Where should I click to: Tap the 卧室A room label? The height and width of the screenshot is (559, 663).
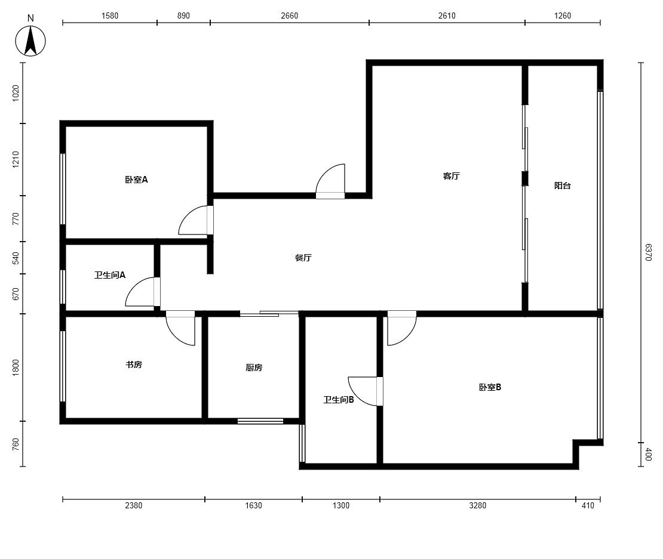click(x=136, y=180)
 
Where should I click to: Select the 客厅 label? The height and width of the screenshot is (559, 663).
click(x=451, y=175)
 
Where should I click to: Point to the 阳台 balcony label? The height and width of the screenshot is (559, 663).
click(x=563, y=186)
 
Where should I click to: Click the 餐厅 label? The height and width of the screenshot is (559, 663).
click(x=303, y=258)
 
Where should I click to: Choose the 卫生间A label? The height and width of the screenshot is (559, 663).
click(x=109, y=275)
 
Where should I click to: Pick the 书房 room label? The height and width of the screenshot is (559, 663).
click(x=134, y=365)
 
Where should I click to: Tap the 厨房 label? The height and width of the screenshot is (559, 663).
click(x=254, y=367)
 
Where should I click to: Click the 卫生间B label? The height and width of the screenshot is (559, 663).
click(x=338, y=399)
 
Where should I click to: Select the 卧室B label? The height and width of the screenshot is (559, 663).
click(x=490, y=387)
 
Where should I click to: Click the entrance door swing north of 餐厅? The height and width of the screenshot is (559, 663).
click(x=331, y=181)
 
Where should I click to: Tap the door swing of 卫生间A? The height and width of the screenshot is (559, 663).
click(x=143, y=292)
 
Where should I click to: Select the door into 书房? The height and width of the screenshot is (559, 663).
click(x=180, y=328)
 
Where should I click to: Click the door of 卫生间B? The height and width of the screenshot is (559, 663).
click(x=366, y=391)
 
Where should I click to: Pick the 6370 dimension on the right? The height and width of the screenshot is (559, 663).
click(x=648, y=252)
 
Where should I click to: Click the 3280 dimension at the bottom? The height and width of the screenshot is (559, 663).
click(x=477, y=505)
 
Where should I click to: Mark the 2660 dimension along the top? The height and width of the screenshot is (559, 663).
click(x=289, y=16)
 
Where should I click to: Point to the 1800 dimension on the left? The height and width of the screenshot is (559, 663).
click(x=16, y=367)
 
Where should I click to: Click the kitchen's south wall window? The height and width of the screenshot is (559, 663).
click(x=260, y=421)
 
